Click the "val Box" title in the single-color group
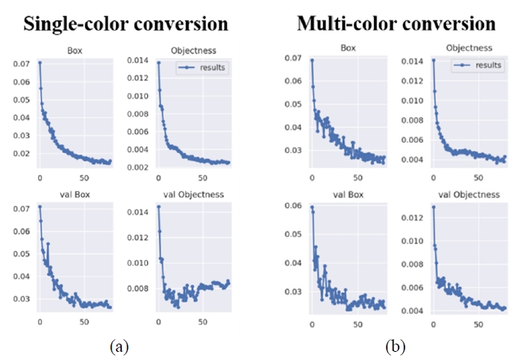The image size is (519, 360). point(74,195)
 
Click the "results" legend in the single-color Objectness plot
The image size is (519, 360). point(211,67)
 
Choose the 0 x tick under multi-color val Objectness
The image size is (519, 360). point(433,322)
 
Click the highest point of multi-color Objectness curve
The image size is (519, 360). point(433,60)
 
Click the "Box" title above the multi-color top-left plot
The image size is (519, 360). point(348,46)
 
